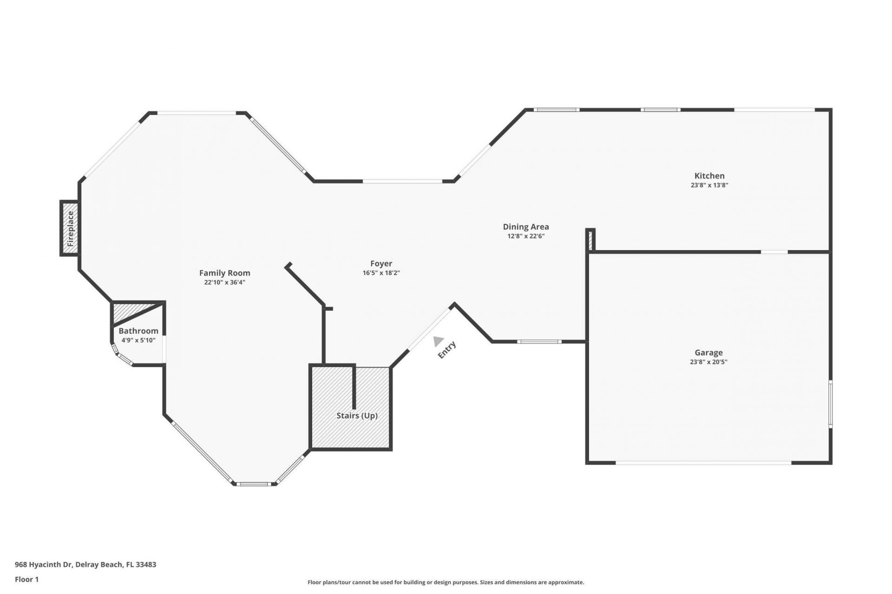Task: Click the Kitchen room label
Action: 709,175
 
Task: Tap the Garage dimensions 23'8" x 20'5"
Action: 708,362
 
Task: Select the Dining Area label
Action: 525,226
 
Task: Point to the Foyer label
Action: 381,264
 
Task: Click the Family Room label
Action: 224,273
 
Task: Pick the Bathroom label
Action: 138,331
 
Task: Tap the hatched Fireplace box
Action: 70,228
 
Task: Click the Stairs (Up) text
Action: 357,415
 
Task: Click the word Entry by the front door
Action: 447,350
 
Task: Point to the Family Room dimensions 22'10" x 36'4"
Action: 224,282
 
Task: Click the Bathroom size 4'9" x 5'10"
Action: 138,340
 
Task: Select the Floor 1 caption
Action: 26,579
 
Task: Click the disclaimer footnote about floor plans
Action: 446,582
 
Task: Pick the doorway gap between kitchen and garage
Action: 774,252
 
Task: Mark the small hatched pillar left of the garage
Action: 590,240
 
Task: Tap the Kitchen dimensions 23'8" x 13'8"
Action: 709,185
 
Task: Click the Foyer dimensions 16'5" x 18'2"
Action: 381,273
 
